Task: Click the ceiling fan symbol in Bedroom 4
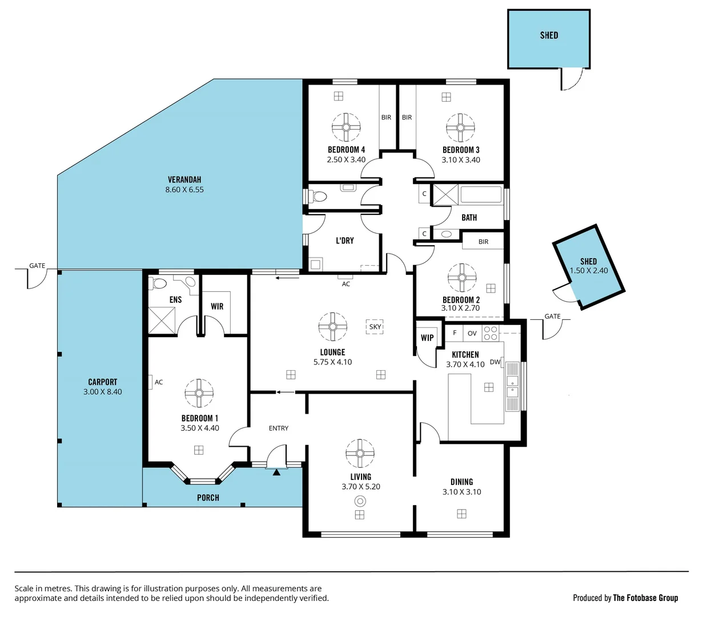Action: pos(346,127)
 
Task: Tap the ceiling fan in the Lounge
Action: pos(332,327)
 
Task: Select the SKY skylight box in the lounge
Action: pos(375,327)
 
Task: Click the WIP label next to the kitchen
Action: pos(427,338)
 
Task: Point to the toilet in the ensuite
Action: pos(159,283)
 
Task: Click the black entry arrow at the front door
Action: pos(276,472)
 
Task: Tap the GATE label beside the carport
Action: pos(37,266)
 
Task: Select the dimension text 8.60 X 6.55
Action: pos(184,190)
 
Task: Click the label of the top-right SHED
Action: pos(549,35)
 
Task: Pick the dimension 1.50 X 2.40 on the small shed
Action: pos(589,271)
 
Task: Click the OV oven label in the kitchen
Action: pos(472,333)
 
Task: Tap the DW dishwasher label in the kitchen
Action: pos(495,362)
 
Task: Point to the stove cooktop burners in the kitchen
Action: pos(490,333)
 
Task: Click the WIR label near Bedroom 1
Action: pos(217,306)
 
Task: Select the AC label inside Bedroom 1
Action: pos(159,382)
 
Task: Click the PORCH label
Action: pos(208,498)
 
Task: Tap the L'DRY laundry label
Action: pos(344,241)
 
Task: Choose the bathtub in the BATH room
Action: pos(480,195)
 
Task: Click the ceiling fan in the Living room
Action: pos(360,453)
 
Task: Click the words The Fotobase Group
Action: pos(645,598)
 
